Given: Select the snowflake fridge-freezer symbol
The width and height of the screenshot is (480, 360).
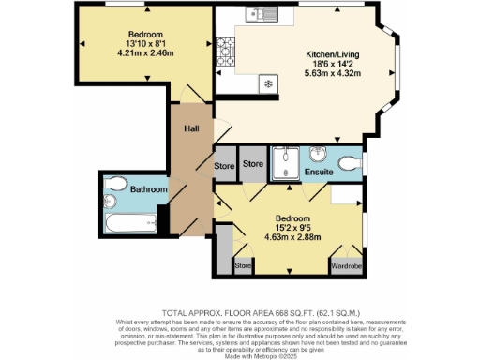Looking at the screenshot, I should pos(269,83).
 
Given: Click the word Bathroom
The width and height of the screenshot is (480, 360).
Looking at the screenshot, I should pos(148,189).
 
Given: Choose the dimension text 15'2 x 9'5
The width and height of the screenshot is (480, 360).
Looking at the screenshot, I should pos(287,225).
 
